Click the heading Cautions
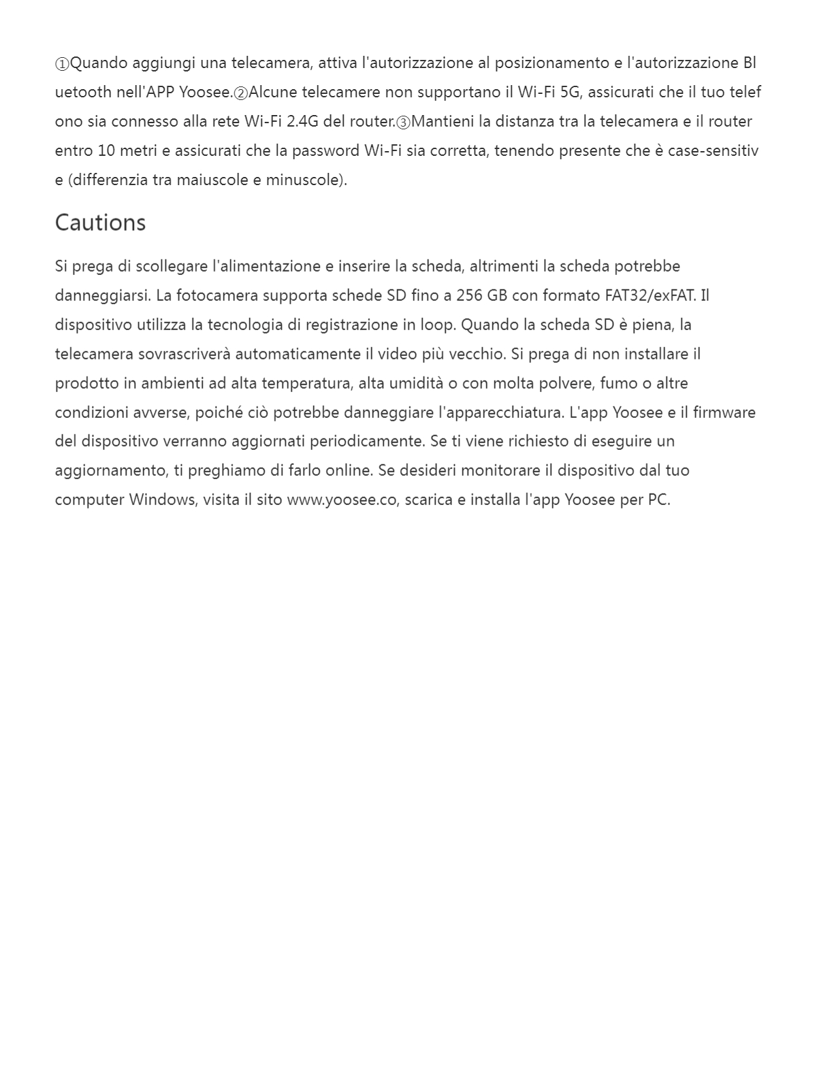[x=100, y=223]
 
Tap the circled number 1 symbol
[x=62, y=64]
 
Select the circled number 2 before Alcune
[x=241, y=93]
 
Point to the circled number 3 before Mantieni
[x=404, y=123]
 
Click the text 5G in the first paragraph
[x=569, y=92]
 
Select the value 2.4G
[x=302, y=121]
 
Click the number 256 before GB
[x=469, y=295]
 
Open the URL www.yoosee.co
[x=341, y=500]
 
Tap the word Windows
[x=162, y=500]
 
